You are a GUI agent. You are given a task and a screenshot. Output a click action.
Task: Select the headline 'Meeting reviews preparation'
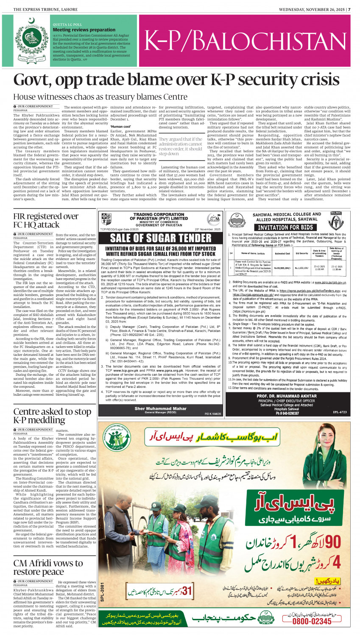(x=84, y=30)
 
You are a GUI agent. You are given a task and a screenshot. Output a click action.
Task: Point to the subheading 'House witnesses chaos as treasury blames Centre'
(x=100, y=97)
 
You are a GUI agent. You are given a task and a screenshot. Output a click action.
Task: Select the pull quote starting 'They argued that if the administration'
(x=181, y=146)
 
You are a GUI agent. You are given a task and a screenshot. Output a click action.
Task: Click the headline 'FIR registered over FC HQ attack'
(x=45, y=221)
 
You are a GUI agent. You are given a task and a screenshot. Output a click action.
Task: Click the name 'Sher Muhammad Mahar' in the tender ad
(x=160, y=408)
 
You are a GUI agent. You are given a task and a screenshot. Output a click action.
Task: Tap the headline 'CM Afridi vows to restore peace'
(x=48, y=568)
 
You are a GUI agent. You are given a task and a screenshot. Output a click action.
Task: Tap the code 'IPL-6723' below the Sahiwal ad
(x=339, y=412)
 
